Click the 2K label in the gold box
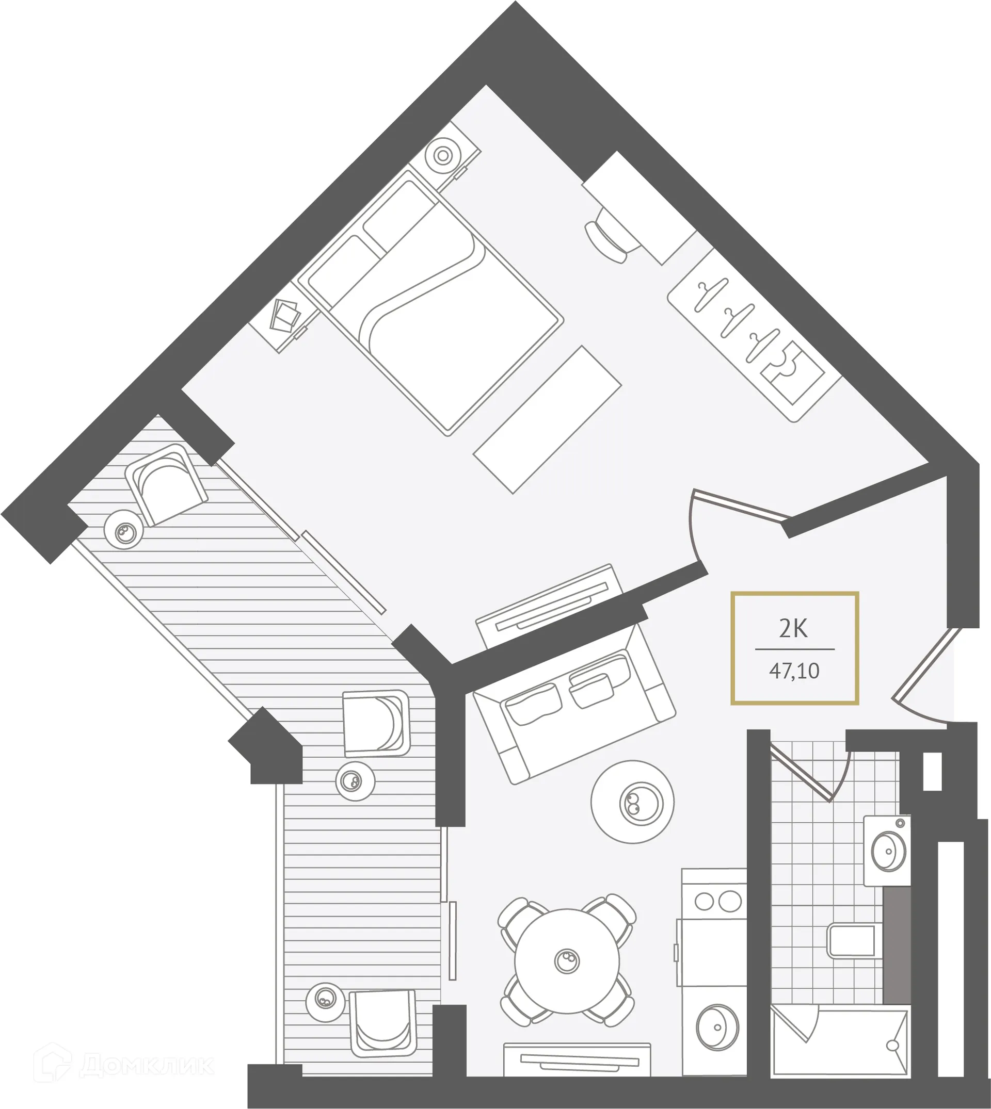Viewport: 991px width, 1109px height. coord(793,630)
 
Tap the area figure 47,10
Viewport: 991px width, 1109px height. coord(794,671)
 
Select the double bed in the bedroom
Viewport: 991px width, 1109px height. coord(430,305)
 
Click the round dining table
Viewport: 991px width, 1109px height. coord(567,960)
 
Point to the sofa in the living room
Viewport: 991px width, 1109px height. coord(574,705)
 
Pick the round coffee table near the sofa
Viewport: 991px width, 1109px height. coord(632,802)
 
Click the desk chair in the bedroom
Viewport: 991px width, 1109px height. coord(609,234)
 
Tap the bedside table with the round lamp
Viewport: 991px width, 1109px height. coord(443,155)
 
